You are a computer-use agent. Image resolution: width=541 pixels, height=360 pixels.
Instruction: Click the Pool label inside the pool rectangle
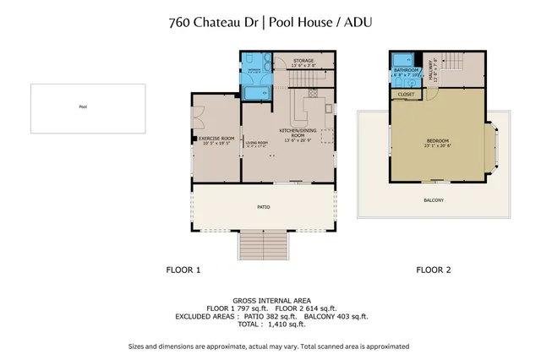pos(83,107)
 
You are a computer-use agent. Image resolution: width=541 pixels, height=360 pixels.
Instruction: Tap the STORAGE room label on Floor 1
pos(303,62)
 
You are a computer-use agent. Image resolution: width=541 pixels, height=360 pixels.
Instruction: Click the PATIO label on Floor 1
pos(263,206)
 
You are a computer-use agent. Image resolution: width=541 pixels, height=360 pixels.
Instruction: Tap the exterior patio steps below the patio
pos(264,247)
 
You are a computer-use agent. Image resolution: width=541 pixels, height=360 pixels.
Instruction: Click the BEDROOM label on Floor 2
pos(437,141)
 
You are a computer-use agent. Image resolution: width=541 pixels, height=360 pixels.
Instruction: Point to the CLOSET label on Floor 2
pos(407,95)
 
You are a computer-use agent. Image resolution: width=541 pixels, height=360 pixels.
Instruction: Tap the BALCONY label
pos(433,200)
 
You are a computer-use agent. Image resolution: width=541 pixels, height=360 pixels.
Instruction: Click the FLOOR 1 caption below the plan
pos(183,270)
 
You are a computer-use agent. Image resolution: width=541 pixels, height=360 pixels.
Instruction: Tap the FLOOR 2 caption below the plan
pos(433,270)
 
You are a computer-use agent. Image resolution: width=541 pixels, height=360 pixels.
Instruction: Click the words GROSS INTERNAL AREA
pos(270,300)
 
